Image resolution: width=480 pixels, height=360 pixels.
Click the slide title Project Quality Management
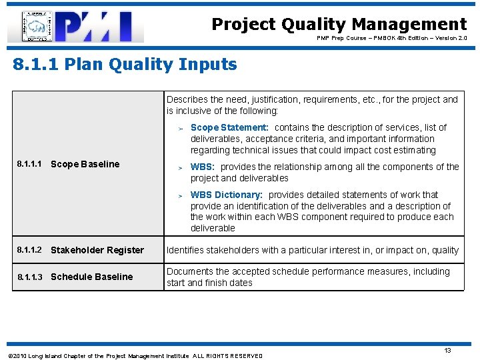(x=339, y=25)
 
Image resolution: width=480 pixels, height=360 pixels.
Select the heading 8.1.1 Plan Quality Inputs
(x=125, y=65)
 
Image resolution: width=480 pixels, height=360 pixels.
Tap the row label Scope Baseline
(x=85, y=164)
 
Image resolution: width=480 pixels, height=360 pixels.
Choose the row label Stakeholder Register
(x=97, y=250)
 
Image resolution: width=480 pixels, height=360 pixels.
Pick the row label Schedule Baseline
(x=92, y=277)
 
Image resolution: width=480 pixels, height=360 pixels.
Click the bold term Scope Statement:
(x=229, y=127)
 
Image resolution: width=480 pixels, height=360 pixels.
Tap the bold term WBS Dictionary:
(x=227, y=195)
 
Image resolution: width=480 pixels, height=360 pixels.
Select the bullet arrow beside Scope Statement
(x=180, y=128)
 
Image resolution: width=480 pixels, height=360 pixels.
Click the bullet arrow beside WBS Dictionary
(x=180, y=195)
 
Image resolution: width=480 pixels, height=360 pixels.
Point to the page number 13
(x=448, y=350)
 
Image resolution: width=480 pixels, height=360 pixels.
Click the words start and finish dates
(x=209, y=283)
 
